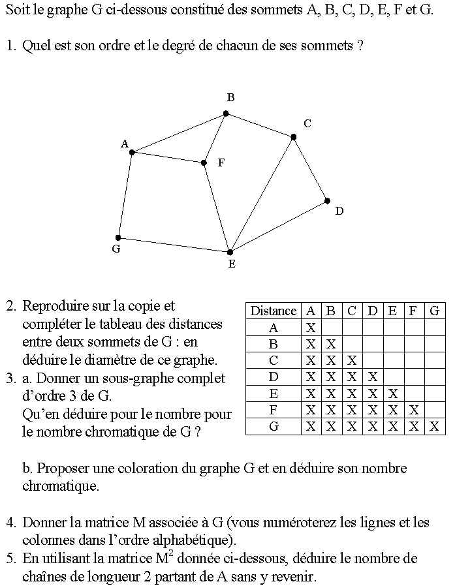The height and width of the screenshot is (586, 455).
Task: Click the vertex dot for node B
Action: [226, 114]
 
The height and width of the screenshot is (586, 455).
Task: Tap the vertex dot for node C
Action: [294, 137]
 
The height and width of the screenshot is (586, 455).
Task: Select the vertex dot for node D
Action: [328, 201]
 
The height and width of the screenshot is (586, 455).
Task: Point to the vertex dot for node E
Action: [230, 252]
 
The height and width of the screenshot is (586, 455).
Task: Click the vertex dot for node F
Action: [204, 162]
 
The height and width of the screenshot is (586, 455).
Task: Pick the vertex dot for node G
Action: [118, 238]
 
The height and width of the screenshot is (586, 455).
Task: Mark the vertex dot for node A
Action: [132, 153]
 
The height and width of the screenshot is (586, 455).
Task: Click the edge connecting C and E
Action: [262, 194]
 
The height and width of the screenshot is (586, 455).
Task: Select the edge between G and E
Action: [174, 245]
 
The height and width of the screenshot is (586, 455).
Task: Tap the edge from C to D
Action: [311, 169]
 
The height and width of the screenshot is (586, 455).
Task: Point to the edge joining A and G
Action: [125, 195]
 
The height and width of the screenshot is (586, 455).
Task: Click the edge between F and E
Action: [217, 208]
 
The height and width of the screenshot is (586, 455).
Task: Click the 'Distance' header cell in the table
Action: [274, 311]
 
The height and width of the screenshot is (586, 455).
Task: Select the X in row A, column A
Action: [311, 328]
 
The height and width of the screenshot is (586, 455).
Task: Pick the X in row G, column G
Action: [435, 427]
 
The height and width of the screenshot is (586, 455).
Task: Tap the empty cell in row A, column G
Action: [435, 328]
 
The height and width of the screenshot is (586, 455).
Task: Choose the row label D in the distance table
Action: [274, 377]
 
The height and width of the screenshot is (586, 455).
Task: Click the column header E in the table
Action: [392, 311]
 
